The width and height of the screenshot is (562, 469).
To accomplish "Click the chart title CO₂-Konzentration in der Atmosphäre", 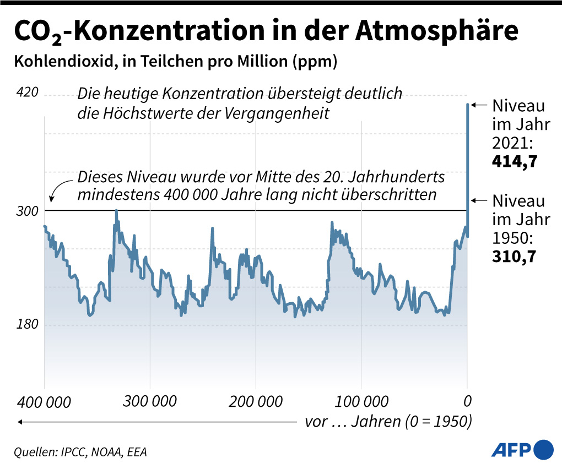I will (265, 32).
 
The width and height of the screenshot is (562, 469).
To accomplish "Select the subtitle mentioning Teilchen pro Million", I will (175, 61).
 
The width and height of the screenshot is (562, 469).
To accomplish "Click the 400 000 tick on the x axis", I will (44, 402).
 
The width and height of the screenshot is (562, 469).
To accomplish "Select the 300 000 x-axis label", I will (150, 401).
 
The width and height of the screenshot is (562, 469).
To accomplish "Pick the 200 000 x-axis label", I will (256, 401).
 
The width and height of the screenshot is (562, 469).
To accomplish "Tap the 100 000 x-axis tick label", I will (361, 401).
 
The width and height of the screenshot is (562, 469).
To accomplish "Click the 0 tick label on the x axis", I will (467, 401).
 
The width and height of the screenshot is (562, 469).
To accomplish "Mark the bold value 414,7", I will (515, 162).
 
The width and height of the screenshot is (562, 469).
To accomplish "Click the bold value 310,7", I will (515, 257).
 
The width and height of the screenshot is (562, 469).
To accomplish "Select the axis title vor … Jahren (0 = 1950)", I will (388, 422).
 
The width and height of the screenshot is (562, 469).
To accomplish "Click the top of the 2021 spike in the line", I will (468, 104).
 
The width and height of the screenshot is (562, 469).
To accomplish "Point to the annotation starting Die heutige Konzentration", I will (240, 103).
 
